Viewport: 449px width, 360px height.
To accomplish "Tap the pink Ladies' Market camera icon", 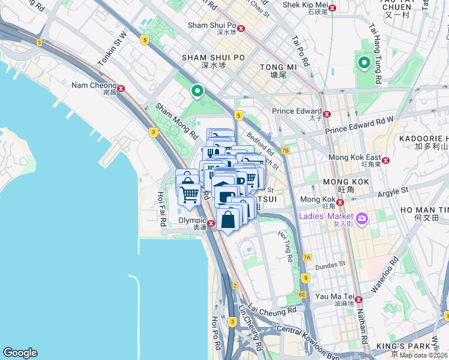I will pyautogui.click(x=362, y=219).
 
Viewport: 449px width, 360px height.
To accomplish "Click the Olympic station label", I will pyautogui.click(x=192, y=220).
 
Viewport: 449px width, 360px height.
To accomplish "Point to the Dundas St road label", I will pyautogui.click(x=331, y=263).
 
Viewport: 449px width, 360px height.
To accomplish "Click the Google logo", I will pyautogui.click(x=20, y=353).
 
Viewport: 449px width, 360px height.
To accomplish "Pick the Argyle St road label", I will pyautogui.click(x=393, y=192).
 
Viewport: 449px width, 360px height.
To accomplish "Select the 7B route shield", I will pyautogui.click(x=285, y=151).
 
